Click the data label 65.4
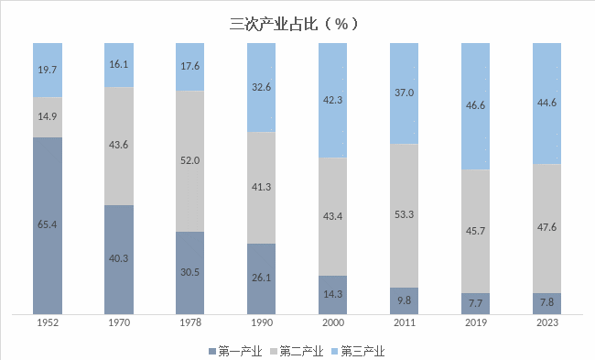48,224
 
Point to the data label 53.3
404,214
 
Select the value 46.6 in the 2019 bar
475,106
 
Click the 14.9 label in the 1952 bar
48,117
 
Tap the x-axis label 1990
262,322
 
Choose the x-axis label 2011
404,322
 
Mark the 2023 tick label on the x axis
546,322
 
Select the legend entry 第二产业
298,350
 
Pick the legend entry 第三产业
359,350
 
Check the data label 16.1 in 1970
119,65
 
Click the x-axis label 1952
48,322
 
